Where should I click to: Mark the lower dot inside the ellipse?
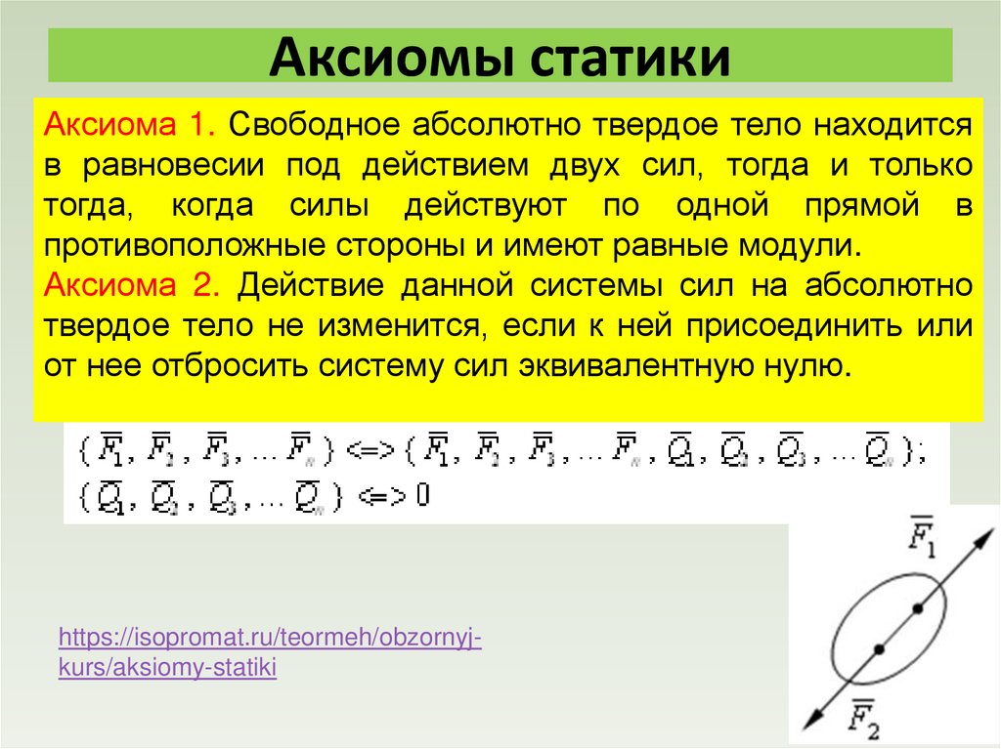pyautogui.click(x=879, y=648)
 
